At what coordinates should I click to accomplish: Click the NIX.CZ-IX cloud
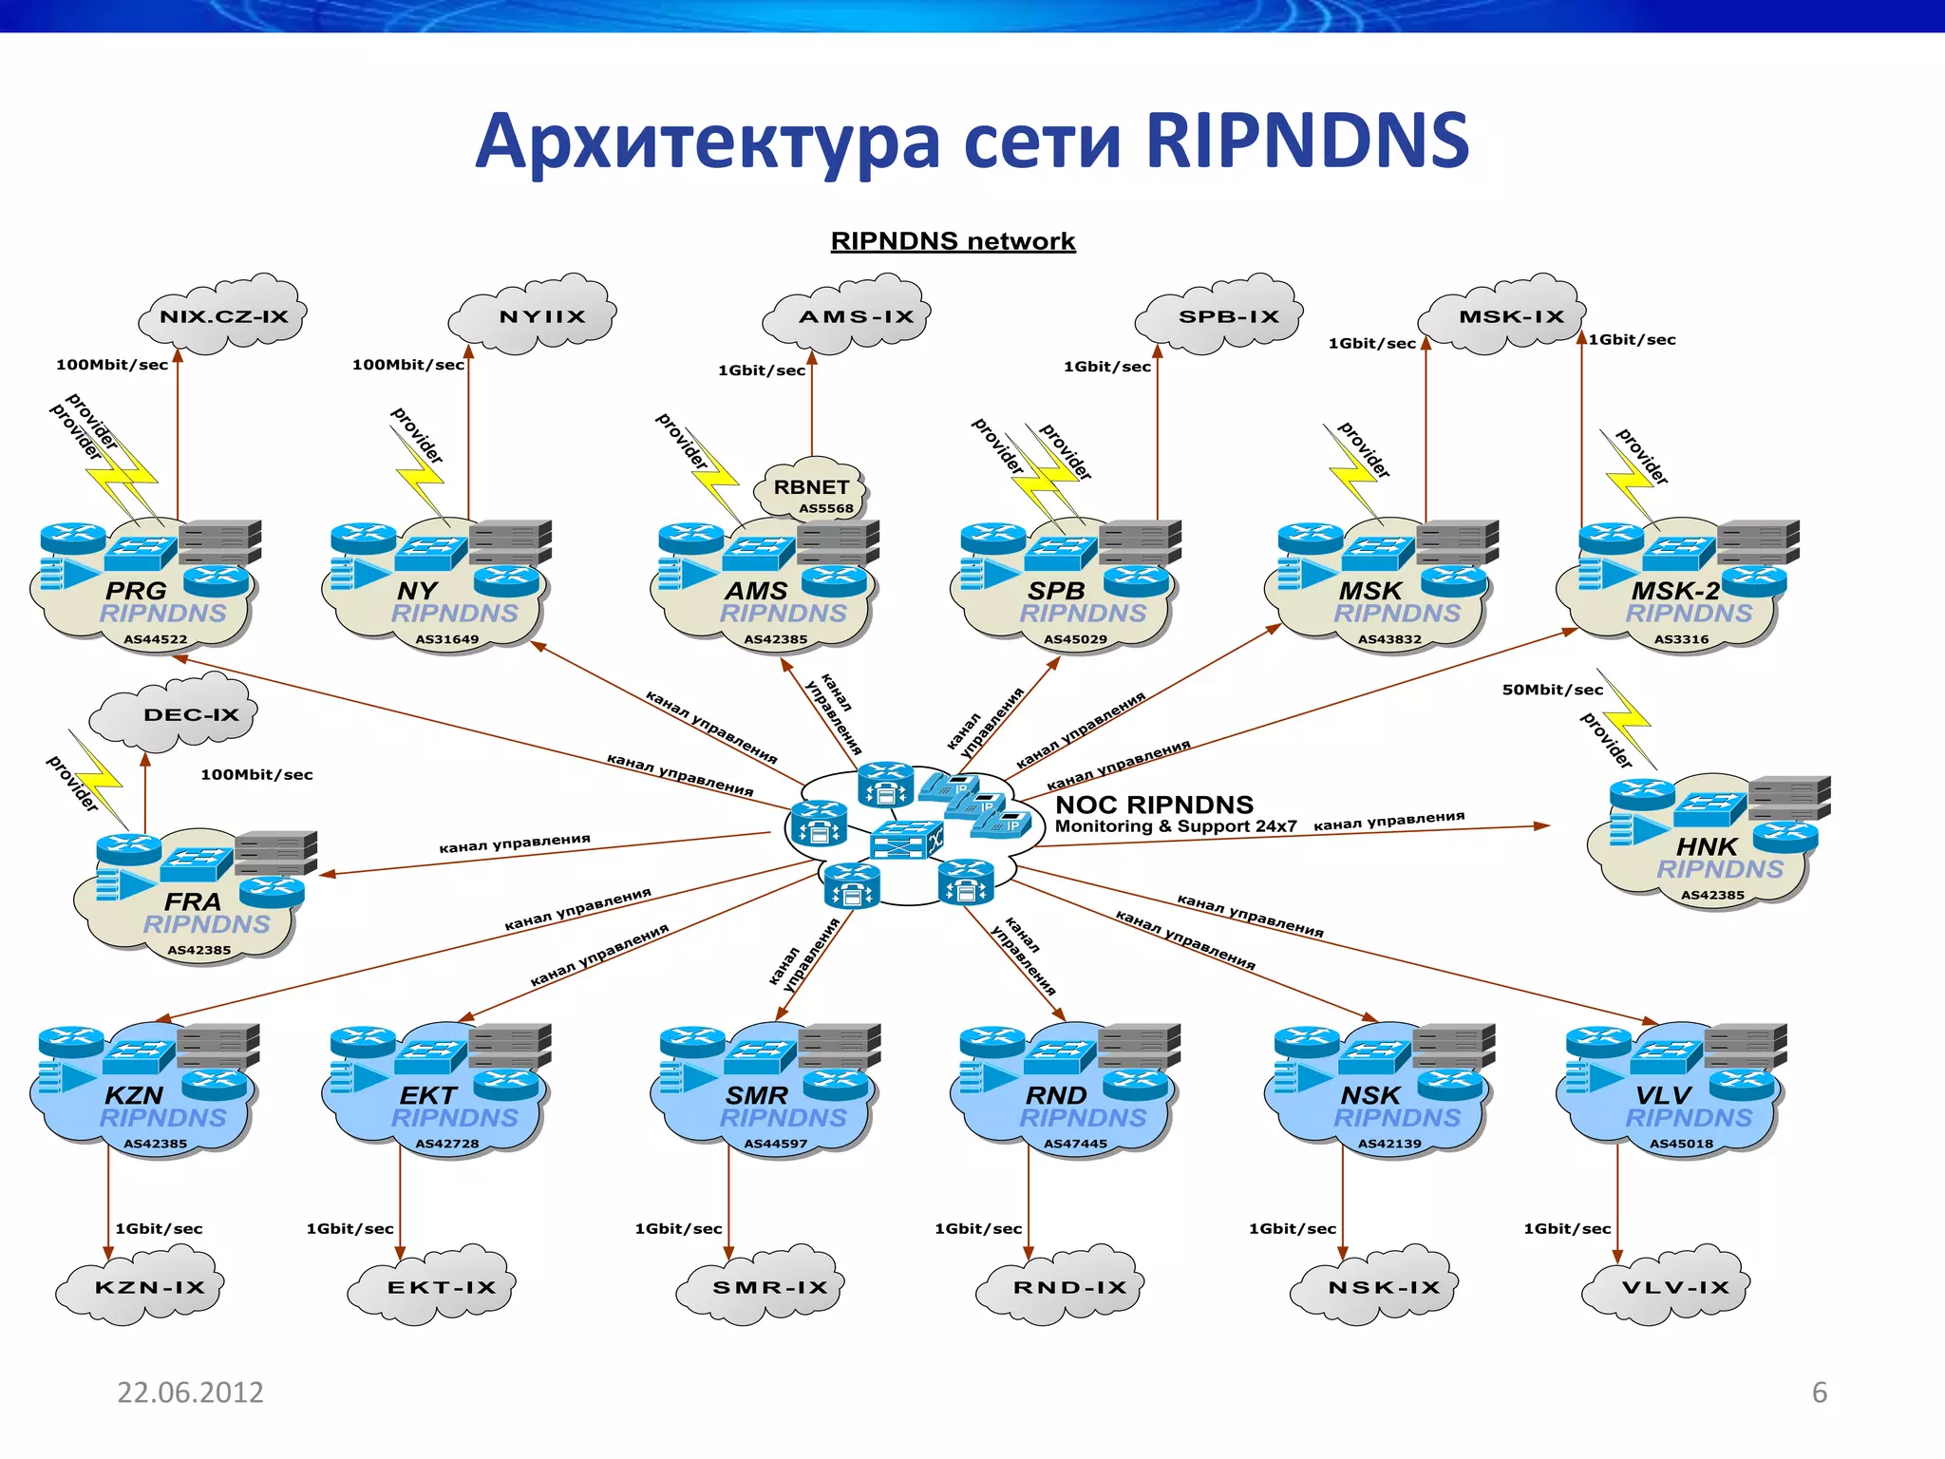[x=223, y=316]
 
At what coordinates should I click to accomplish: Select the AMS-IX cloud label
[x=856, y=316]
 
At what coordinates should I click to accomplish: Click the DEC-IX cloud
[x=191, y=714]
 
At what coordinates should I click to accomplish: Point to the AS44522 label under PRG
[x=155, y=639]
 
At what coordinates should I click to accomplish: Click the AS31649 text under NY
[x=446, y=639]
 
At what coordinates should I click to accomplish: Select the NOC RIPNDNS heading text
[x=1154, y=805]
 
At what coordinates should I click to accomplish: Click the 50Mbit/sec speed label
[x=1552, y=690]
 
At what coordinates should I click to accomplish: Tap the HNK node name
[x=1707, y=845]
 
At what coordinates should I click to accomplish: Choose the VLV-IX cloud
[x=1674, y=1288]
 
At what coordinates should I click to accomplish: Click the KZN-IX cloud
[x=149, y=1288]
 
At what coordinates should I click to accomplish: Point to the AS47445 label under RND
[x=1075, y=1144]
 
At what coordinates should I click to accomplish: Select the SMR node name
[x=756, y=1095]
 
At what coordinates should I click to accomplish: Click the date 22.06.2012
[x=190, y=1393]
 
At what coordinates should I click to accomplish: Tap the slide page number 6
[x=1819, y=1393]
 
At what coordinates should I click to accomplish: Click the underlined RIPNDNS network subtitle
[x=953, y=241]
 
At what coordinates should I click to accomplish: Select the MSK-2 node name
[x=1675, y=591]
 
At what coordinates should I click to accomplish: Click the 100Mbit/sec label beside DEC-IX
[x=256, y=775]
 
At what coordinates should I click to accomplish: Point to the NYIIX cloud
[x=541, y=316]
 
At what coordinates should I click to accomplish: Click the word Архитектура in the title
[x=707, y=141]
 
